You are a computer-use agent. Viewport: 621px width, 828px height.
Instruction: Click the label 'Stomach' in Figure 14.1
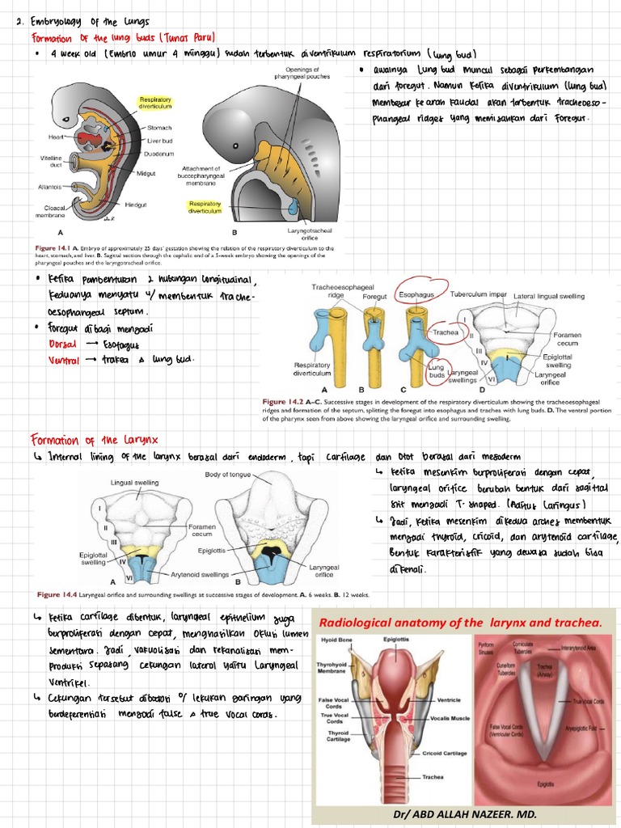click(x=160, y=128)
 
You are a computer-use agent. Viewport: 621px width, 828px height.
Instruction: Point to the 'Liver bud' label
click(x=160, y=141)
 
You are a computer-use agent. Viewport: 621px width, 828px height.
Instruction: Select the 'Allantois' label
click(x=50, y=186)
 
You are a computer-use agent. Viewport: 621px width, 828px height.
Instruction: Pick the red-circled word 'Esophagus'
click(x=419, y=296)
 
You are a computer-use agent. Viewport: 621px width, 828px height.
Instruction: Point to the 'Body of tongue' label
click(x=227, y=475)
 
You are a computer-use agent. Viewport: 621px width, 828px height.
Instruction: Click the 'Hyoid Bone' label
click(x=336, y=640)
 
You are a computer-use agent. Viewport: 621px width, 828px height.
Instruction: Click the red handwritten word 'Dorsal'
click(x=64, y=344)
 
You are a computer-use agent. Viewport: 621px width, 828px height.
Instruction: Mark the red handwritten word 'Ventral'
click(x=65, y=360)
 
